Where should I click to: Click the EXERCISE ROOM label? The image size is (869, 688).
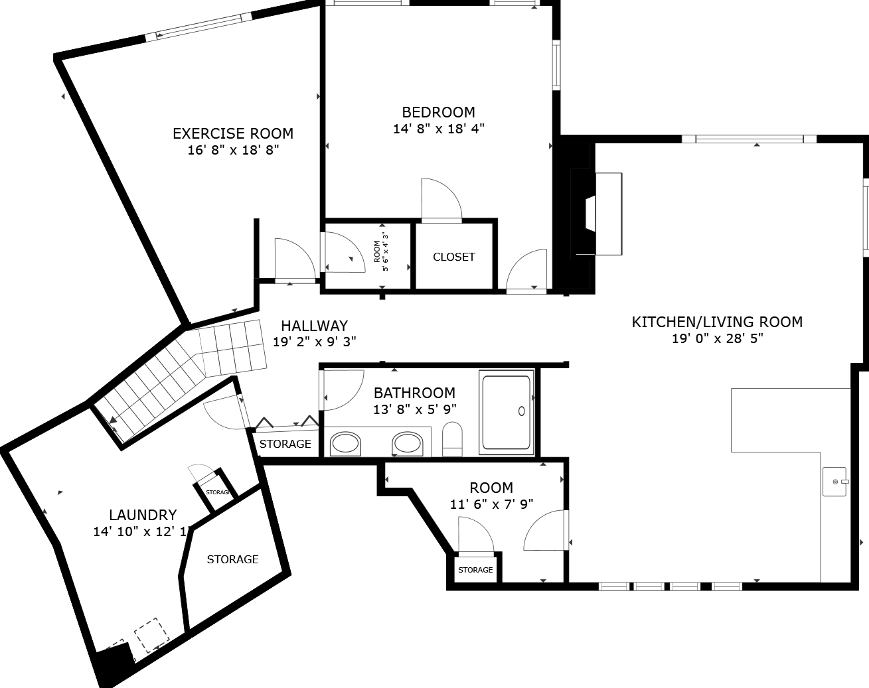[x=233, y=133]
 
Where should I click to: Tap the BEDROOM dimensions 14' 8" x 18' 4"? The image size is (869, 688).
[x=439, y=129]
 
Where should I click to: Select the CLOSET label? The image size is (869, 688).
[x=454, y=257]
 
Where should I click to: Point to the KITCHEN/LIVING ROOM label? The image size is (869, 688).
[x=717, y=322]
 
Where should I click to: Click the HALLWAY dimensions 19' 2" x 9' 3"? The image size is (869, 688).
[x=315, y=342]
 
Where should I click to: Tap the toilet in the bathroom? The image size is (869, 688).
[x=452, y=439]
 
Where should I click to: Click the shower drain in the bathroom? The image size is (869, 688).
[x=521, y=411]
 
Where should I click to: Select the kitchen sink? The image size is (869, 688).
[x=834, y=482]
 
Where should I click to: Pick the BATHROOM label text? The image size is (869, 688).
[x=414, y=393]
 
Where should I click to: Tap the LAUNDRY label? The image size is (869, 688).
[x=143, y=515]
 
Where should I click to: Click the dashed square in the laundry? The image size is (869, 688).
[x=152, y=636]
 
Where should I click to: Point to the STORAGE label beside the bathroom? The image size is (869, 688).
[x=285, y=444]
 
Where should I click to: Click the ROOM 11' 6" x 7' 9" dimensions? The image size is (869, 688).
[x=491, y=504]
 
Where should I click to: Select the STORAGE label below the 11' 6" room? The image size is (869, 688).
[x=475, y=570]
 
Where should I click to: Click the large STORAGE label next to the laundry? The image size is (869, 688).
[x=232, y=559]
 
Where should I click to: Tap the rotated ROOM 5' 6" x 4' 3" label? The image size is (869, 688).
[x=381, y=252]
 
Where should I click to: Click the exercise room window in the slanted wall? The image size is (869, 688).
[x=198, y=27]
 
